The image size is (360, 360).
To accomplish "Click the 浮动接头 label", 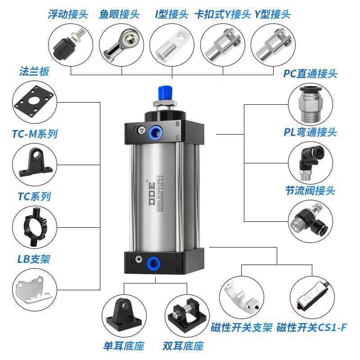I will click(69, 14).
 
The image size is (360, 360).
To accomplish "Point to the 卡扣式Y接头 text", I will click(222, 14).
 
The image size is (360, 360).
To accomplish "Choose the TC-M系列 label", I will click(38, 134).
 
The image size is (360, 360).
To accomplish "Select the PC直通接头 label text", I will click(310, 73).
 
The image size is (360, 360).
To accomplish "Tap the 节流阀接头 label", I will click(310, 191).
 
